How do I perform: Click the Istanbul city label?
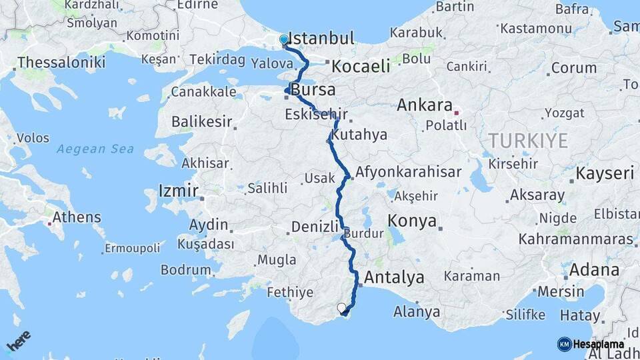pyautogui.click(x=323, y=39)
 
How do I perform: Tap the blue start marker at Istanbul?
pyautogui.click(x=284, y=39)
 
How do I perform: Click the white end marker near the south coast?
pyautogui.click(x=342, y=308)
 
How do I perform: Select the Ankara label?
pyautogui.click(x=425, y=105)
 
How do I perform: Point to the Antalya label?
pyautogui.click(x=395, y=277)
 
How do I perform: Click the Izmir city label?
pyautogui.click(x=178, y=191)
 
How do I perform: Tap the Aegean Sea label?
pyautogui.click(x=95, y=149)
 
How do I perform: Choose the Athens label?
pyautogui.click(x=77, y=217)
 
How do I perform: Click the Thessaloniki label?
pyautogui.click(x=61, y=63)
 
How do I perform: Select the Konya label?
pyautogui.click(x=412, y=221)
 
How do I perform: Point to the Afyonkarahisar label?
pyautogui.click(x=409, y=172)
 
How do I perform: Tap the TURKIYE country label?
pyautogui.click(x=527, y=141)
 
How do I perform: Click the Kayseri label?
pyautogui.click(x=605, y=174)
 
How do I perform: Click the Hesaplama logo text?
pyautogui.click(x=598, y=344)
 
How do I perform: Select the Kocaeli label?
pyautogui.click(x=361, y=67)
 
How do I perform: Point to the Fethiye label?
pyautogui.click(x=290, y=292)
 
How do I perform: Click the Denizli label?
pyautogui.click(x=316, y=227)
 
